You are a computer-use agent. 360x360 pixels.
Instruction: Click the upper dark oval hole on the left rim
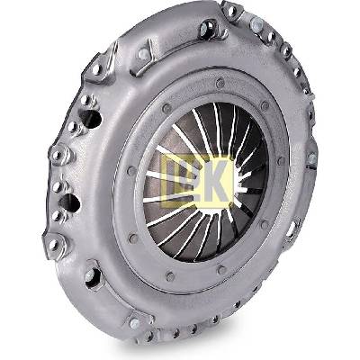tap(91, 119)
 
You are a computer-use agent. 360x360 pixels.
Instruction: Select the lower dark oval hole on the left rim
tap(69, 202)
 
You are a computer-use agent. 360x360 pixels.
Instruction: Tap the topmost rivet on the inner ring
tap(220, 83)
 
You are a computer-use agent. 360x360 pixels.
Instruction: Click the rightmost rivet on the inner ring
tap(281, 161)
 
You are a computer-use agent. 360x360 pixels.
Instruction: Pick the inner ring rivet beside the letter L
tap(131, 171)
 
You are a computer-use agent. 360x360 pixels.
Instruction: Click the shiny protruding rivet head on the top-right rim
tap(256, 23)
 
